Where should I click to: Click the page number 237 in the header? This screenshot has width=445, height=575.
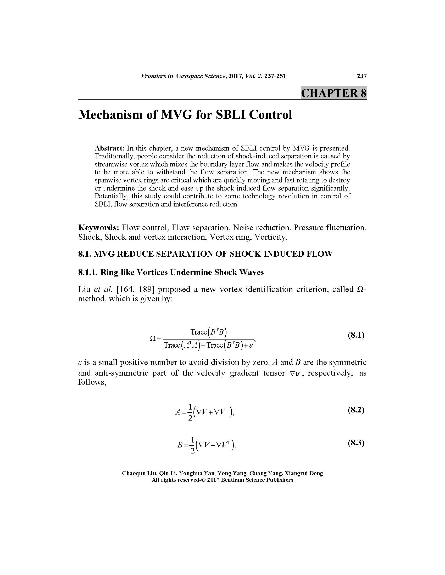point(361,76)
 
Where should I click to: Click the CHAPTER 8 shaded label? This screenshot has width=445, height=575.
point(333,93)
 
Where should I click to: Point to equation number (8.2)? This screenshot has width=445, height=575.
point(356,410)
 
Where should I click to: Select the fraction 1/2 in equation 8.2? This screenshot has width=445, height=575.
point(190,412)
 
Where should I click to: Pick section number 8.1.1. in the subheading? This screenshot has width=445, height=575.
point(88,272)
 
